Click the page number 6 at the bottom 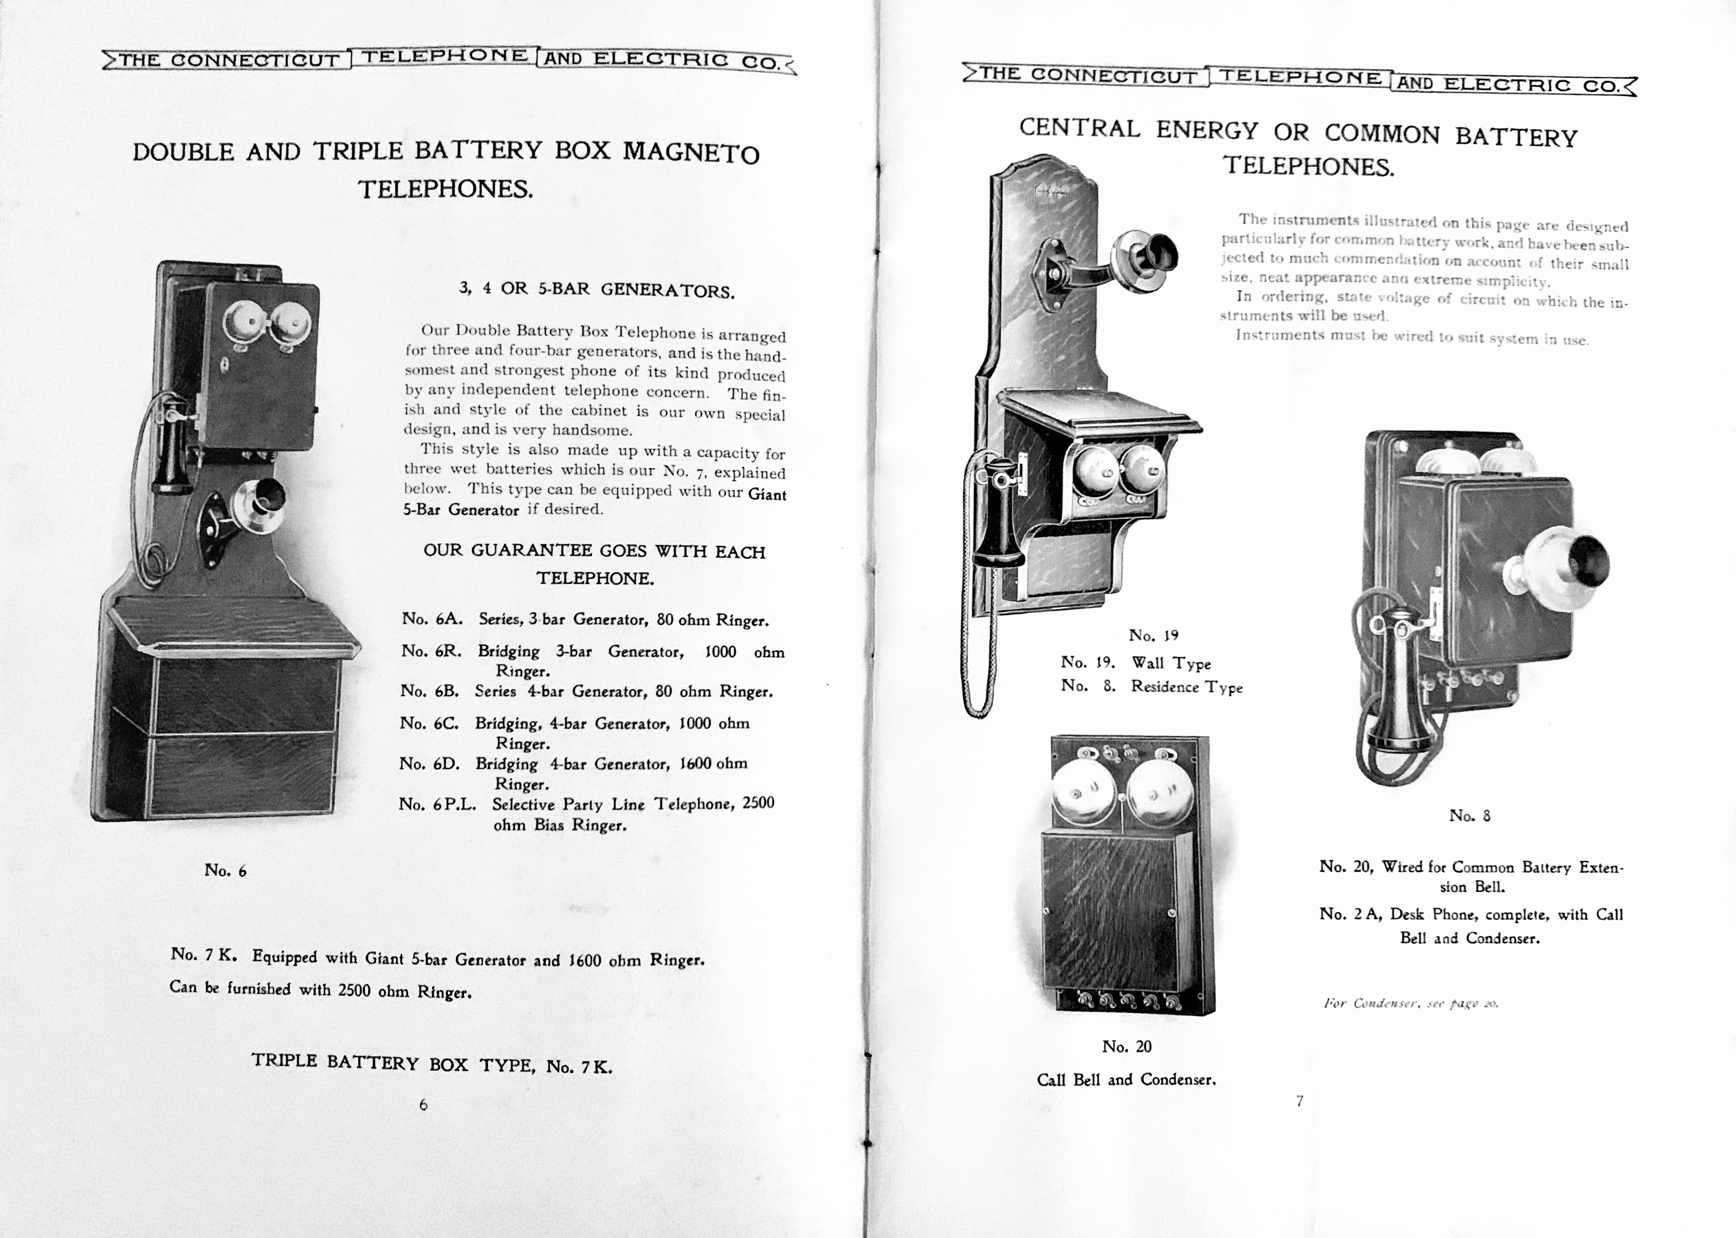423,1104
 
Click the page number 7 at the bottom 1299,1101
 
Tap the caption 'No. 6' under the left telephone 225,871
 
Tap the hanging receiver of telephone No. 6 172,450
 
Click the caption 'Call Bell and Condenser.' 1126,1079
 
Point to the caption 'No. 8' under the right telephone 1469,816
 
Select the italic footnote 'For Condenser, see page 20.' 1411,1003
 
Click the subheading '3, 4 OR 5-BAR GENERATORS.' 596,290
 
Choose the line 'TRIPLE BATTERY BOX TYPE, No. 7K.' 431,1064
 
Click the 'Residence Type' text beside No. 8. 1186,687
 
